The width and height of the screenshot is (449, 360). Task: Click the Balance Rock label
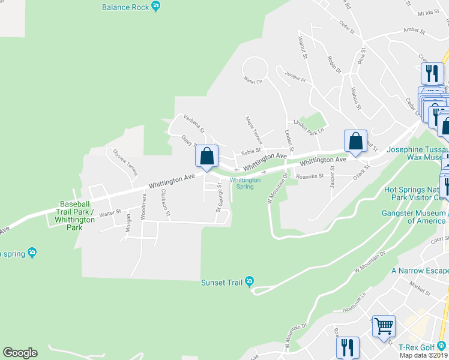pos(125,7)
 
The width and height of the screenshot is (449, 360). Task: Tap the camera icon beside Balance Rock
pos(156,7)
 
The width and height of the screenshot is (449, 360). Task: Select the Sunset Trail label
pos(223,281)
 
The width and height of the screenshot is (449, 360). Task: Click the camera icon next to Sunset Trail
pos(250,281)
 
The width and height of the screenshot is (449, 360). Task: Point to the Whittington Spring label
pos(246,183)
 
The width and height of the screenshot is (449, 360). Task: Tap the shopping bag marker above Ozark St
pos(355,142)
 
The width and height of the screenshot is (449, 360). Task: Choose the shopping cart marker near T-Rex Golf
pos(384,327)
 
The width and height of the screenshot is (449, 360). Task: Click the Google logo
pos(20,353)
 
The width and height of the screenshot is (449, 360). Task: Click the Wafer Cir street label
pos(253,80)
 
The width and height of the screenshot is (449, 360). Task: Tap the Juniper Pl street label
pos(295,79)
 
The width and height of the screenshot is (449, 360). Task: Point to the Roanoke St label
pos(310,176)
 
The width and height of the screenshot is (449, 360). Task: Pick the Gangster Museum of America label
pos(415,217)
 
